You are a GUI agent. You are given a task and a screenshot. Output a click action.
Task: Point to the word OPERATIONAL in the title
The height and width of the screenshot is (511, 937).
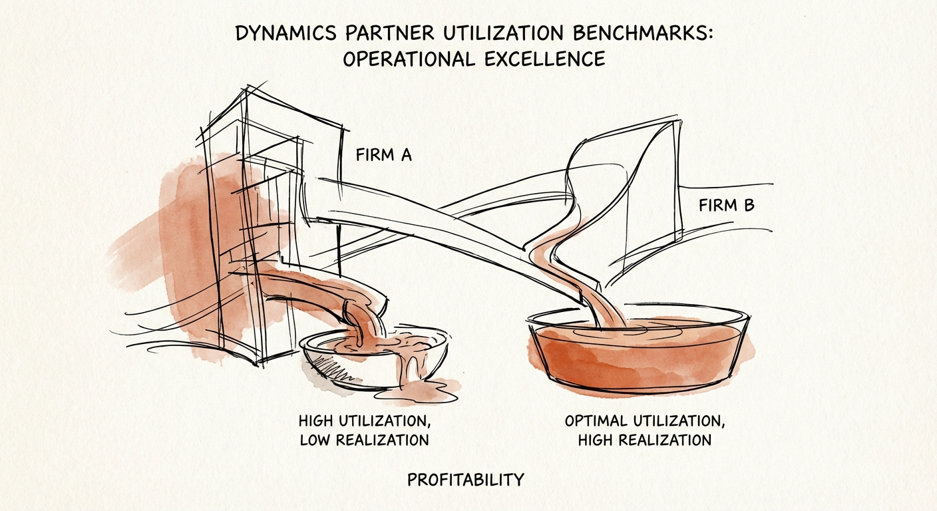click(x=407, y=59)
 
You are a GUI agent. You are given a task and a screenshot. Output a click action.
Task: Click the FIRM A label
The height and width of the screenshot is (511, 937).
click(x=384, y=156)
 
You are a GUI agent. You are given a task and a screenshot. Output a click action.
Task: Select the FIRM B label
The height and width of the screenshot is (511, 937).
click(x=727, y=206)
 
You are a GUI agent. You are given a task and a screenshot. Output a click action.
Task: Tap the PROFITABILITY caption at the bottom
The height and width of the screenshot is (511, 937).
click(x=465, y=479)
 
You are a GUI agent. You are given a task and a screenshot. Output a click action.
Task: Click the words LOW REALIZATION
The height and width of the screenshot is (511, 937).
click(x=364, y=440)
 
